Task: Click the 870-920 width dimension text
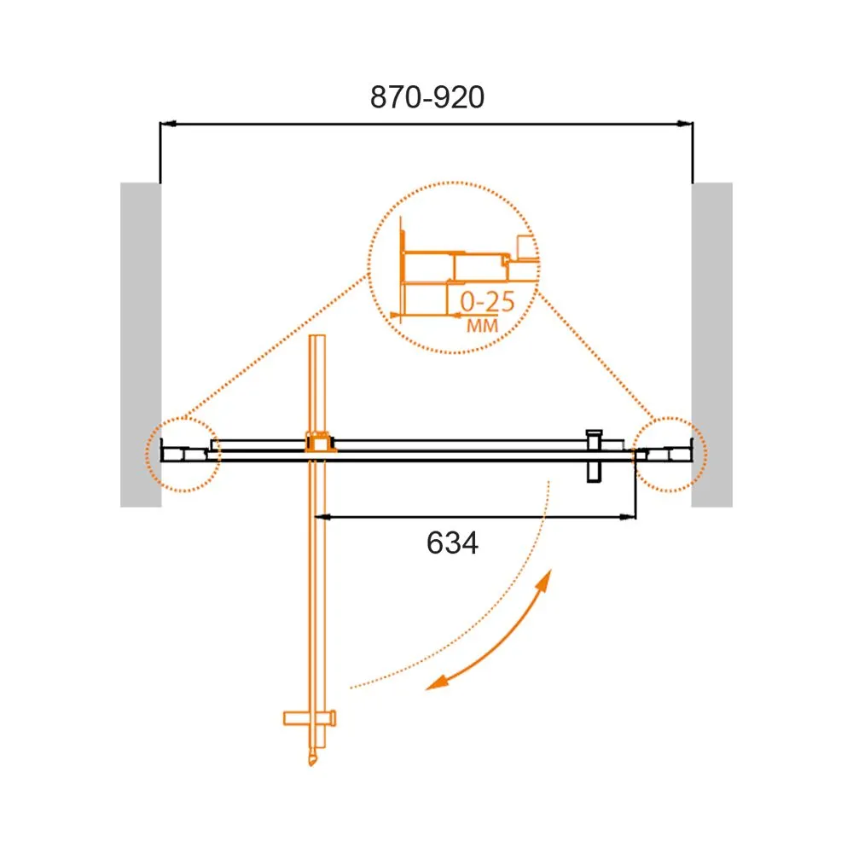(x=427, y=97)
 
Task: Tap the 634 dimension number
(x=452, y=543)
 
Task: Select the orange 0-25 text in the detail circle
(x=487, y=301)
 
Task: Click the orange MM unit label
(x=483, y=325)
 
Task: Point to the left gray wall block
(x=141, y=345)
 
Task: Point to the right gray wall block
(x=712, y=345)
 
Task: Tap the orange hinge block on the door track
(x=320, y=442)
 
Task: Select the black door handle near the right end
(x=594, y=456)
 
